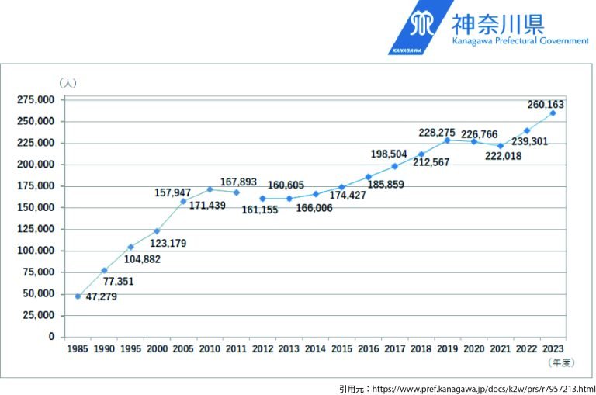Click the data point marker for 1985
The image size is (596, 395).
pyautogui.click(x=78, y=296)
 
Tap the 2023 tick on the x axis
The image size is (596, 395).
pyautogui.click(x=553, y=349)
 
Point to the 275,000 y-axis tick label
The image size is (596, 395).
pyautogui.click(x=36, y=100)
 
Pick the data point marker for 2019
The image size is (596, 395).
pyautogui.click(x=447, y=140)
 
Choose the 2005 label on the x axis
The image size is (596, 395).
pyautogui.click(x=184, y=349)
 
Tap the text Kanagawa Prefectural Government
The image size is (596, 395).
pyautogui.click(x=520, y=40)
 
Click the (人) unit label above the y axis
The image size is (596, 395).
pyautogui.click(x=67, y=82)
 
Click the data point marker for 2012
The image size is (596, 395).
pyautogui.click(x=262, y=199)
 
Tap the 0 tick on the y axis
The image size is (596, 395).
pyautogui.click(x=52, y=337)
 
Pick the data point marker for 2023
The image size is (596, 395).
pyautogui.click(x=553, y=113)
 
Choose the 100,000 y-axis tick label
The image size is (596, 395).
pyautogui.click(x=36, y=251)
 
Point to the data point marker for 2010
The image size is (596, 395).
pyautogui.click(x=210, y=189)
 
